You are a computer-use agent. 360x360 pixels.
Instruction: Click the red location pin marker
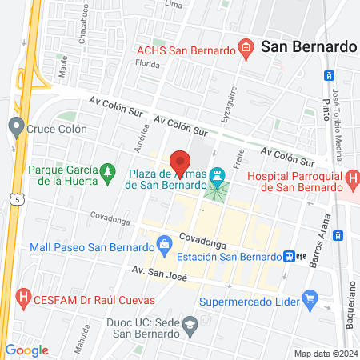182,162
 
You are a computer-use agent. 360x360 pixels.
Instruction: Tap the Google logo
26,350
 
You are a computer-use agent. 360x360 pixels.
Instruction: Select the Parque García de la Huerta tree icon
107,174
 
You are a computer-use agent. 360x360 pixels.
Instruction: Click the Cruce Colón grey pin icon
14,126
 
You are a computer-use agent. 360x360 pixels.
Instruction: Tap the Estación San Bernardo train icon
290,257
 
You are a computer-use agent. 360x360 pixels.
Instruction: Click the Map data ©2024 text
326,354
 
